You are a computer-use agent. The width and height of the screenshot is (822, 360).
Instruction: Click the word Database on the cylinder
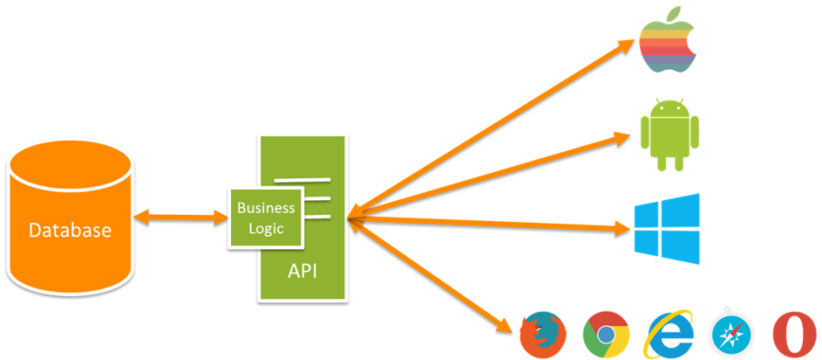(69, 230)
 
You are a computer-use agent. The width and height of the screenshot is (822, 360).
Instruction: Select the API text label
(303, 271)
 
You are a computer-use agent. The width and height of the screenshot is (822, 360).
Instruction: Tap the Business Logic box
(266, 218)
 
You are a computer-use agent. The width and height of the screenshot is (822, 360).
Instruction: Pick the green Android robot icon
(670, 134)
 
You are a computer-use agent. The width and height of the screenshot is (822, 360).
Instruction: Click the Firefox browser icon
(542, 334)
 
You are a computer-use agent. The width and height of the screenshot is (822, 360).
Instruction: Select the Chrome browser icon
(606, 334)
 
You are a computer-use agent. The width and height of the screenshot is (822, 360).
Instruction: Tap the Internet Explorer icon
(669, 334)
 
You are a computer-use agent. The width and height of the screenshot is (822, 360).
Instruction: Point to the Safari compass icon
(732, 334)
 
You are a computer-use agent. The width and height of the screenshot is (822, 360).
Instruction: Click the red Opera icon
(793, 334)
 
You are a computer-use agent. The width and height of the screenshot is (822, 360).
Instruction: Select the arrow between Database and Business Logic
(181, 217)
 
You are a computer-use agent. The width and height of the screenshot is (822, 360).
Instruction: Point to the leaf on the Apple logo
(675, 13)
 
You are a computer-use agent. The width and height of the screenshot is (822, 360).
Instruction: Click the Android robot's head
(670, 109)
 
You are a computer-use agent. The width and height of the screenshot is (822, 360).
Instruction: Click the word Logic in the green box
(266, 228)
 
